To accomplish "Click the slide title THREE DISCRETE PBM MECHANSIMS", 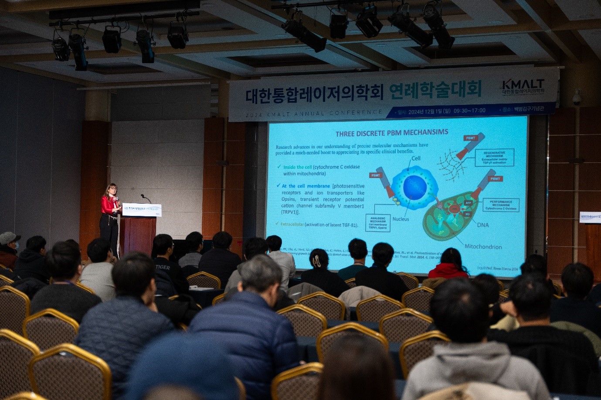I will coord(391,133).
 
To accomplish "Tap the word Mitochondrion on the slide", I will coord(483,246).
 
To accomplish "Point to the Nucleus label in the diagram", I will coord(401,219).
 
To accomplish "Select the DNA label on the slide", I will coord(482,225).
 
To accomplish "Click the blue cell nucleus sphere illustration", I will coord(414,187).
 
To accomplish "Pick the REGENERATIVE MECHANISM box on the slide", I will coord(494,158).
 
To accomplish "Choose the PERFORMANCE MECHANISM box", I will coord(501,205).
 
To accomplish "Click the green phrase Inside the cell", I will coord(297,167).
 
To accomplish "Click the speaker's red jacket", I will coord(108,205).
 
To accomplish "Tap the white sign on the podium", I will coord(141,210).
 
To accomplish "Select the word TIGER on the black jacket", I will coord(162,267).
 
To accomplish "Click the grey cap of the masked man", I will coord(9,238).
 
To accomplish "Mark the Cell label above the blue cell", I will coord(416,158).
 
